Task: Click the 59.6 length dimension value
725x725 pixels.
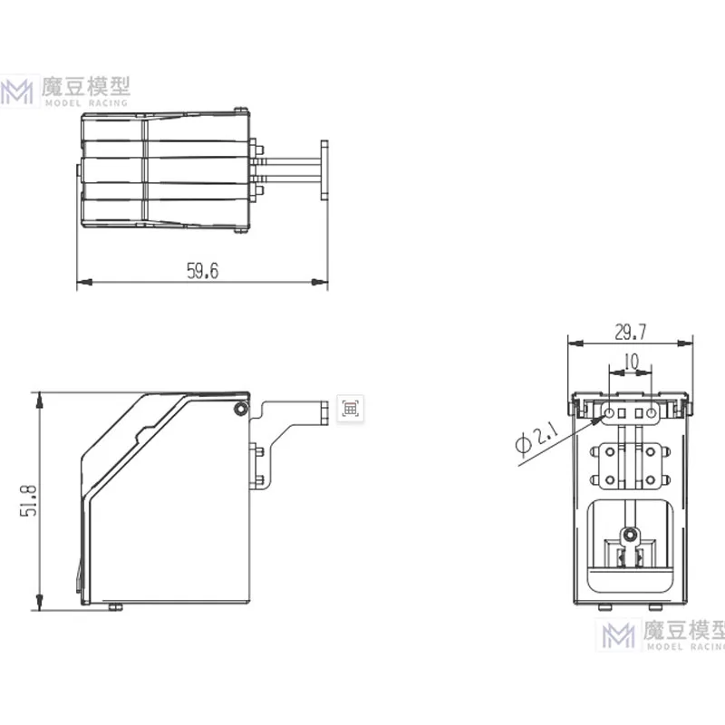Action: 203,271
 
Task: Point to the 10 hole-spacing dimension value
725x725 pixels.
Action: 631,362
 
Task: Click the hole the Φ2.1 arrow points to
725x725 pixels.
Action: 609,414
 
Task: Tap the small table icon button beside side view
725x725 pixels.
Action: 349,408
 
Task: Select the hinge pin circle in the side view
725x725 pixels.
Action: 239,410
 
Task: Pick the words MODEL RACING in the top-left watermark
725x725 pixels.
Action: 87,102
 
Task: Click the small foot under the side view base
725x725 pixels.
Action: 114,606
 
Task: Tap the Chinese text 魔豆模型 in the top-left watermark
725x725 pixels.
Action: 87,86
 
